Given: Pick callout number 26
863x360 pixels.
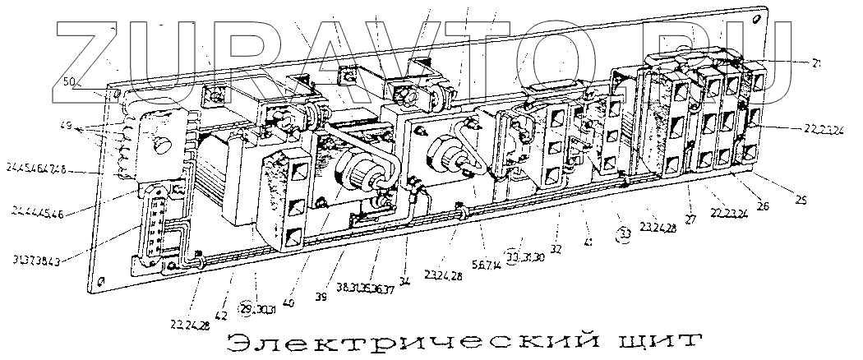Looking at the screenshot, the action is tap(763, 206).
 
